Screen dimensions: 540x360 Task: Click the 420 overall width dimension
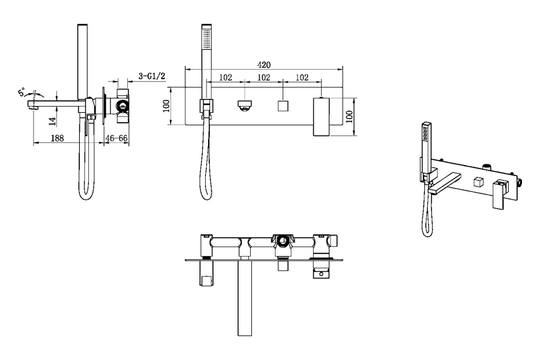click(264, 64)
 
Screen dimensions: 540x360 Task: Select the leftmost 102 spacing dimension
click(226, 77)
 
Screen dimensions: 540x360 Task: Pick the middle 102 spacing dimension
click(264, 77)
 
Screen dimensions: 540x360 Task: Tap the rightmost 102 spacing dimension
click(302, 77)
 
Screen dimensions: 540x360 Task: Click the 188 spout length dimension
click(57, 138)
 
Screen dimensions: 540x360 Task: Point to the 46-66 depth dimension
click(116, 138)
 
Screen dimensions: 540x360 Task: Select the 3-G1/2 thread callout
click(152, 76)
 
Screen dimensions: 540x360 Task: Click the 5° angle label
click(22, 92)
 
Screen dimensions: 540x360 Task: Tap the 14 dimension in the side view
click(52, 121)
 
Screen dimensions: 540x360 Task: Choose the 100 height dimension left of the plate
click(166, 106)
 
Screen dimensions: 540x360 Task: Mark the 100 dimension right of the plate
click(349, 117)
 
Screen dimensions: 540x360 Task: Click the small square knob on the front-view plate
click(283, 106)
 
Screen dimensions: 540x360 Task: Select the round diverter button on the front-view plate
click(245, 105)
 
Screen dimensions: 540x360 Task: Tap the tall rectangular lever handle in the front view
click(321, 117)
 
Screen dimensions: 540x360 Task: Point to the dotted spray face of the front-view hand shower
click(206, 38)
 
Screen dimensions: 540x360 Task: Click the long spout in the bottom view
click(245, 298)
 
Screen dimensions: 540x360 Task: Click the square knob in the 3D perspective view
click(478, 182)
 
